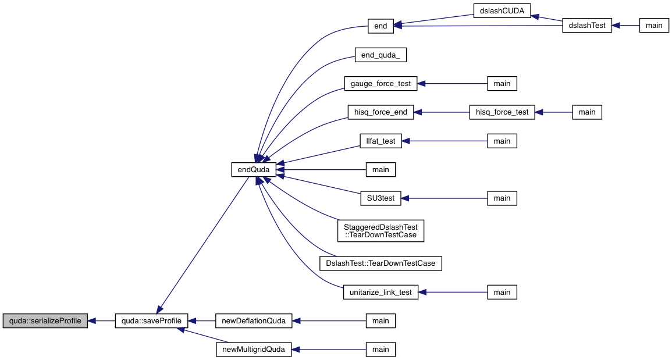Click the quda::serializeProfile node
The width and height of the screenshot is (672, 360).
(x=45, y=320)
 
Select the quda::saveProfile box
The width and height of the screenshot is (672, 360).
(x=151, y=320)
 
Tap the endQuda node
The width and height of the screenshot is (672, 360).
(x=253, y=170)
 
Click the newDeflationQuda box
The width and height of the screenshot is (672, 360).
(x=253, y=320)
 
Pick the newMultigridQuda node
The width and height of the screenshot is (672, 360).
(x=253, y=350)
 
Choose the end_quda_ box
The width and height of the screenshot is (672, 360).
(x=381, y=55)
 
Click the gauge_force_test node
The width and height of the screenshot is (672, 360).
(x=381, y=84)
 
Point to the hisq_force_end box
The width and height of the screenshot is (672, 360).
(x=381, y=112)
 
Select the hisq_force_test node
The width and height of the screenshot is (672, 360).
(x=502, y=112)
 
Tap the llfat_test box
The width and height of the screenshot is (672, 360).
(x=381, y=141)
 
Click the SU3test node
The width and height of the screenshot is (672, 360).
(x=381, y=198)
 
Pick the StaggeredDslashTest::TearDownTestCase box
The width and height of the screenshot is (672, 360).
(x=381, y=231)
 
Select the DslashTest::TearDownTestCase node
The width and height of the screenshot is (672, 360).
(x=381, y=263)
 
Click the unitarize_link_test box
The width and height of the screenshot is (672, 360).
(x=381, y=292)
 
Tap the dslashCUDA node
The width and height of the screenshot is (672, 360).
(x=502, y=11)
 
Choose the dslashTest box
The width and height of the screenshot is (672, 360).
(x=587, y=26)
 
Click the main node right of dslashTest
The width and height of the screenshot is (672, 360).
(x=654, y=26)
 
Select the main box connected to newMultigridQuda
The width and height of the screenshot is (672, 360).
(x=381, y=350)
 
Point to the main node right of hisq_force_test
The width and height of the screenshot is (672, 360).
(x=586, y=112)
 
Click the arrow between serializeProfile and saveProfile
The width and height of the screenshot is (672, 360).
(x=101, y=320)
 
